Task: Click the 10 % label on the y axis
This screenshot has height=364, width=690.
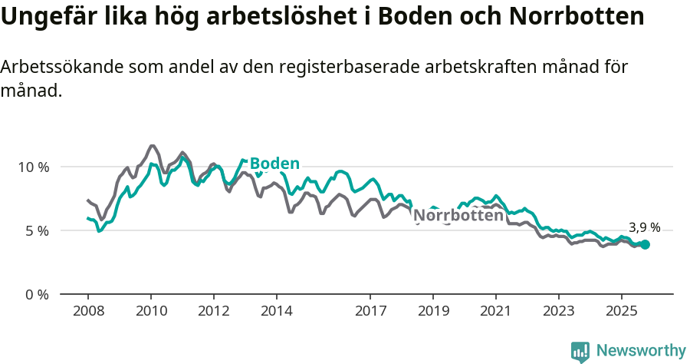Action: coord(34,167)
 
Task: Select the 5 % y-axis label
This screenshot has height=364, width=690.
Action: coord(37,230)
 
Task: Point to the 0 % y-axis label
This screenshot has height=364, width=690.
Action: coord(37,294)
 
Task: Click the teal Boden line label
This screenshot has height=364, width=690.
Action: coord(274,164)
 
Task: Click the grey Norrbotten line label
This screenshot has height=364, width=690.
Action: coord(458,217)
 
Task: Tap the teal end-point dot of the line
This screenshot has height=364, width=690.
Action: coord(646,244)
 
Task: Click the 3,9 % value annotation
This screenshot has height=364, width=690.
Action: coord(644,227)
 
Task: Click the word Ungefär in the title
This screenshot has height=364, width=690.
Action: coord(50,17)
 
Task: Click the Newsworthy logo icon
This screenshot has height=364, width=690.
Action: coord(580,352)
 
